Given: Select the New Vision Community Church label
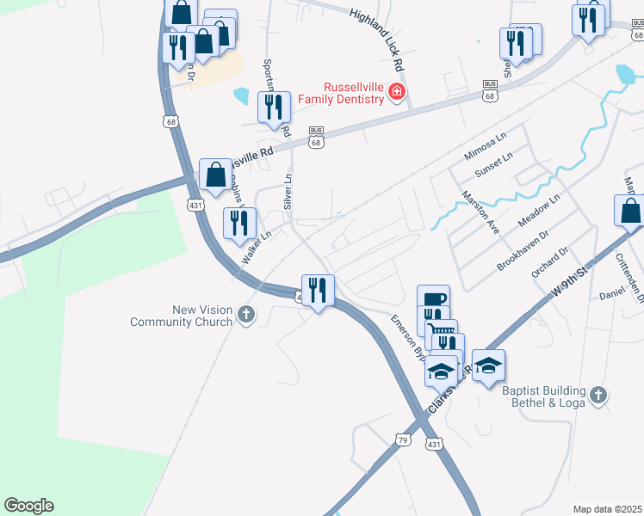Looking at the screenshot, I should (181, 316).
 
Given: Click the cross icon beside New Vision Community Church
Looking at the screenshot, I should (246, 315).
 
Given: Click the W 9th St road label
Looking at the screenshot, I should (569, 284).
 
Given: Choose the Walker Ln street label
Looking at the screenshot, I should (257, 247).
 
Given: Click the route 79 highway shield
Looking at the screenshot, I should (403, 439).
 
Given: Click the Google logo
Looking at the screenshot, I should (28, 506).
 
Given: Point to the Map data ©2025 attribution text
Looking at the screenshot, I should (607, 509).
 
